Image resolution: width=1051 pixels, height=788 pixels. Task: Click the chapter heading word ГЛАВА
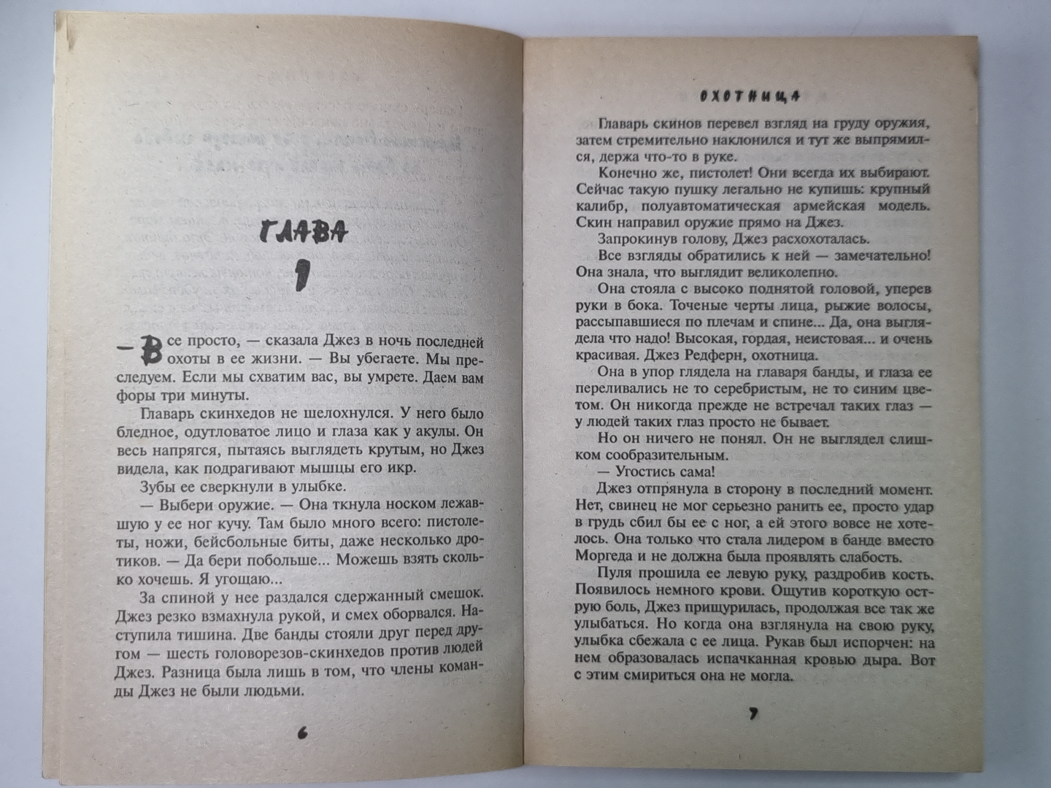(302, 233)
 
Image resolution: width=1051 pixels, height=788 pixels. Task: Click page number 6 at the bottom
(302, 733)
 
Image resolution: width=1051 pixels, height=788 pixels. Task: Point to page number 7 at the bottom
(752, 714)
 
